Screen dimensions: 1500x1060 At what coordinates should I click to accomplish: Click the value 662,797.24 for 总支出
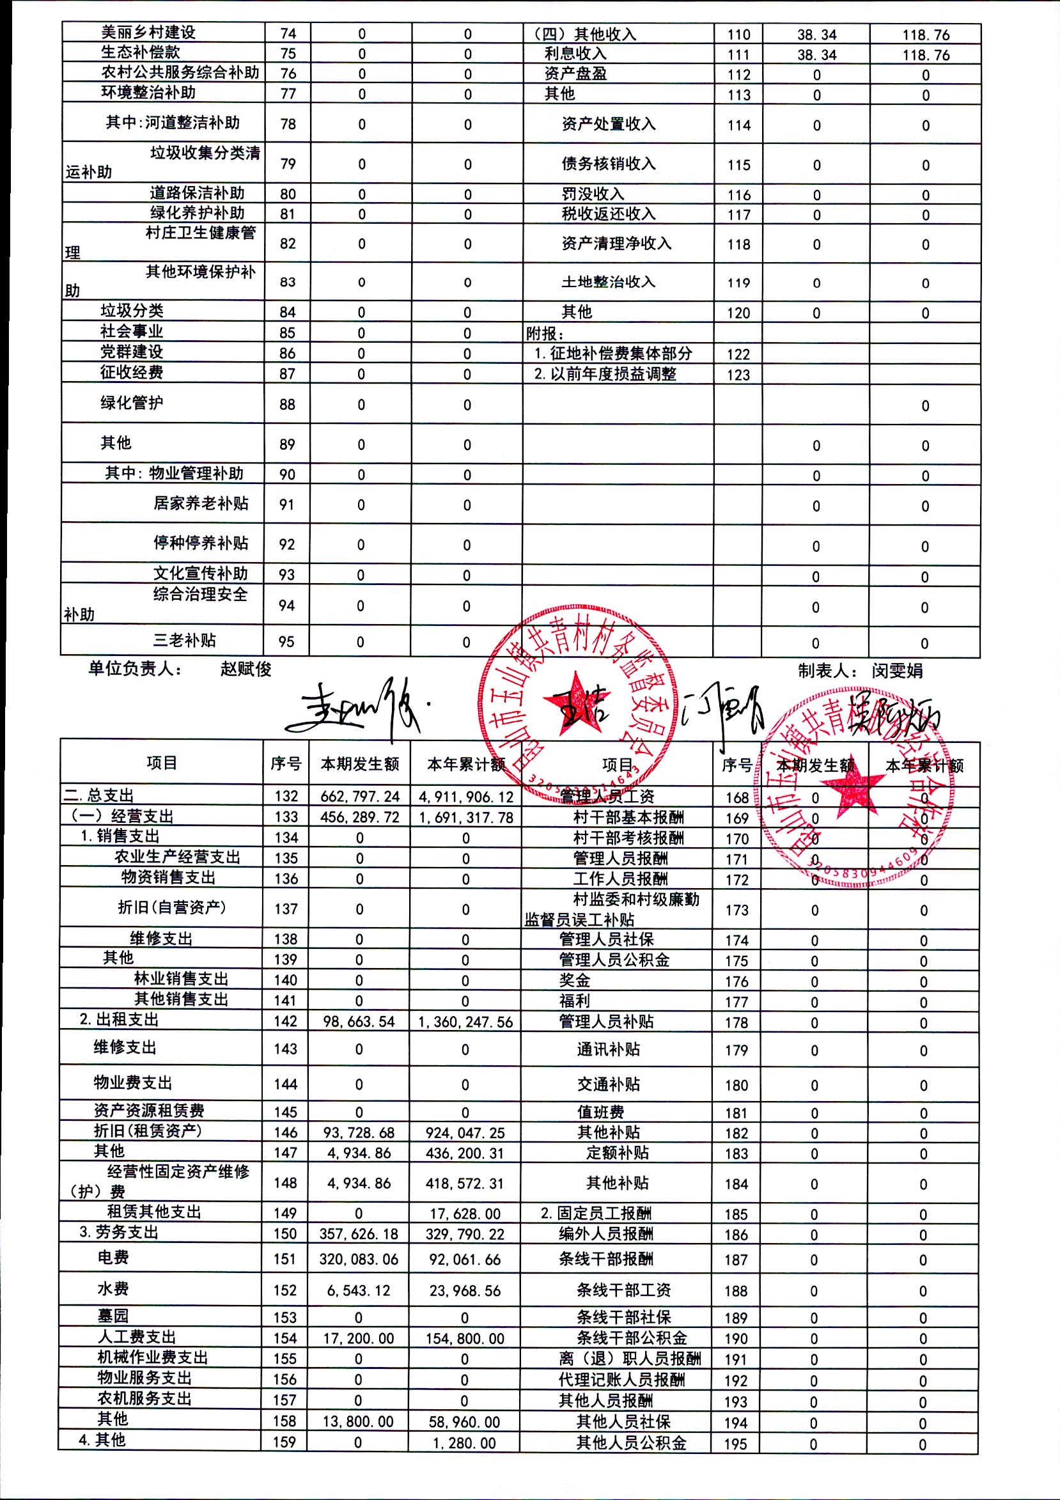point(360,797)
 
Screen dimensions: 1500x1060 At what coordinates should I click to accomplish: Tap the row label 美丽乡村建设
point(148,33)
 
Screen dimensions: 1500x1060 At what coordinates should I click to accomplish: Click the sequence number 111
point(738,55)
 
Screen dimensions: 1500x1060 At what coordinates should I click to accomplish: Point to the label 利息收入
point(575,54)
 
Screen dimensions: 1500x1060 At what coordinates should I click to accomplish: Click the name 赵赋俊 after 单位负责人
point(246,669)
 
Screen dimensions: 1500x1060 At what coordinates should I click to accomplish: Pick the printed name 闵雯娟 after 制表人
point(897,670)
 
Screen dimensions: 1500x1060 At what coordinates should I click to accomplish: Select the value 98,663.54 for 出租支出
point(359,1022)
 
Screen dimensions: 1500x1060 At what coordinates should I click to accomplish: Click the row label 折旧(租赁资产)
point(148,1131)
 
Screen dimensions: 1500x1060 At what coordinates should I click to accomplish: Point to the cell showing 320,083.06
point(359,1259)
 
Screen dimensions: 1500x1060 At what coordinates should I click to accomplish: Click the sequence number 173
point(737,910)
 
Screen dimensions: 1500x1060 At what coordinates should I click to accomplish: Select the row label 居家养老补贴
point(201,503)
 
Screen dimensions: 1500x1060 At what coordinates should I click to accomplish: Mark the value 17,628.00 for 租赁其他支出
point(464,1213)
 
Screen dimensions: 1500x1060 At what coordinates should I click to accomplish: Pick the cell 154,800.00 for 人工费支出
point(465,1338)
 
